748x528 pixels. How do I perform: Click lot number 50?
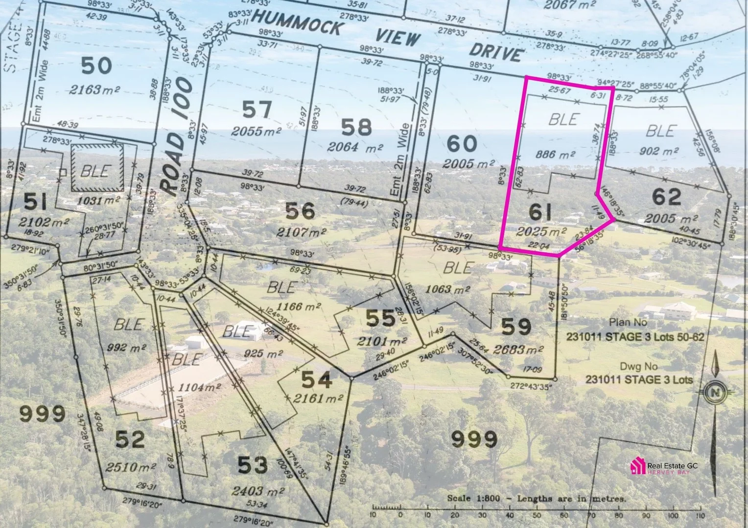[96, 65]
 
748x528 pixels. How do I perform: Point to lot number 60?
[462, 144]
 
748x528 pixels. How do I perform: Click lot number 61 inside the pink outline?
[540, 212]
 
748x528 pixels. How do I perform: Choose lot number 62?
[667, 197]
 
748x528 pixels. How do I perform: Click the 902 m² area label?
[659, 152]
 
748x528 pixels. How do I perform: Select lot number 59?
[516, 327]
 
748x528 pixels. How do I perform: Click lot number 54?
[316, 379]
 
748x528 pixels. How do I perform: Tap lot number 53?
[253, 464]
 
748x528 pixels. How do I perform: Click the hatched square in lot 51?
[97, 169]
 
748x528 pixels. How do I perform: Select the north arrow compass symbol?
[715, 392]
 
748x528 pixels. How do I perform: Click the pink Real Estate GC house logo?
[637, 466]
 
